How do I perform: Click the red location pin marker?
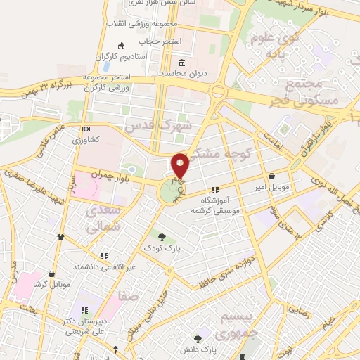180,165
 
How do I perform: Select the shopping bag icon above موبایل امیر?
271,176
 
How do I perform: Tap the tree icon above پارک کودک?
162,236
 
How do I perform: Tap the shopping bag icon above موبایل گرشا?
51,274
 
